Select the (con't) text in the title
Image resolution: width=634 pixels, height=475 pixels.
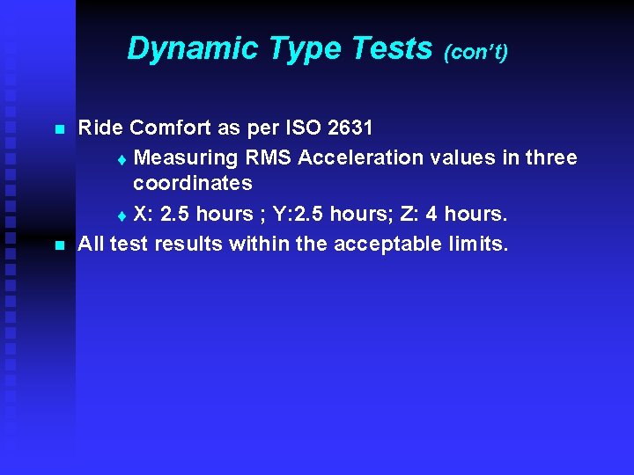476,53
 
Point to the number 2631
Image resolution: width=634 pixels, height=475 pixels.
350,128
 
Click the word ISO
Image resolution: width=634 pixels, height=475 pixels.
304,128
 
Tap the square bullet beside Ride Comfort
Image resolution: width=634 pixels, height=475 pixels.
60,129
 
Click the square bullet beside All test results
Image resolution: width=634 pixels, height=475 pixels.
60,244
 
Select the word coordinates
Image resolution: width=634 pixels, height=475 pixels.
192,184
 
